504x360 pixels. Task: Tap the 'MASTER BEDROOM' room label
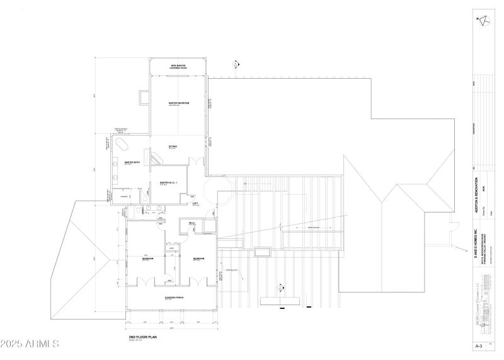tap(179, 103)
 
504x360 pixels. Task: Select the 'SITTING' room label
tap(173, 147)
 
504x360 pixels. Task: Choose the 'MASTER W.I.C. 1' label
tap(169, 183)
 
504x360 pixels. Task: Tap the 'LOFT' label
tap(195, 204)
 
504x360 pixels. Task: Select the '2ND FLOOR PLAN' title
tap(142, 338)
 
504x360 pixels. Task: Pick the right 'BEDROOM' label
tap(198, 258)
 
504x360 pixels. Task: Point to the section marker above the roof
tap(236, 64)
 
